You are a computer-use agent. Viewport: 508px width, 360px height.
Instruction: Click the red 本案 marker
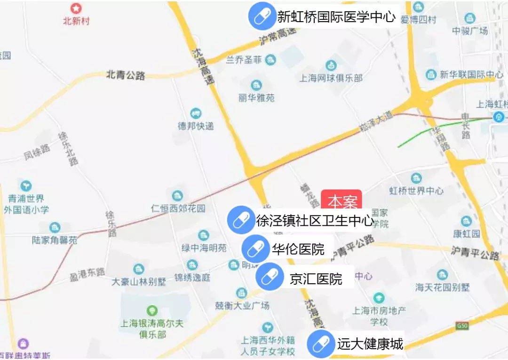coord(341,200)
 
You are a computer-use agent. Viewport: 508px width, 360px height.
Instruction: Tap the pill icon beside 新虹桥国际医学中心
coord(262,17)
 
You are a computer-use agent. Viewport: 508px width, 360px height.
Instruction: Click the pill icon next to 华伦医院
coord(255,249)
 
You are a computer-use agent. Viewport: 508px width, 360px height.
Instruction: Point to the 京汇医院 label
coord(316,279)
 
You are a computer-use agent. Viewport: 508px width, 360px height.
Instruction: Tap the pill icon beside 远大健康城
coord(320,344)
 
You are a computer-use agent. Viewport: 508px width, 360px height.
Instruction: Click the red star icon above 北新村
coord(76,8)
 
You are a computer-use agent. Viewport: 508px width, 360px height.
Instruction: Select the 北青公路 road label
coord(126,75)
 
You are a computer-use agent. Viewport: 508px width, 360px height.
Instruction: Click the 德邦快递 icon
coord(196,113)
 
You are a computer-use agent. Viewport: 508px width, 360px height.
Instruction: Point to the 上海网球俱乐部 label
coord(331,78)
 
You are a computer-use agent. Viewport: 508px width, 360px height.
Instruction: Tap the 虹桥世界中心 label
coord(416,191)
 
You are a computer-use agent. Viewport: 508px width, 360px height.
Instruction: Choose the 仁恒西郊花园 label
coord(178,208)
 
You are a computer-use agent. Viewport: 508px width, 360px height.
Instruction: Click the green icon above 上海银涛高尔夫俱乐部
coord(151,310)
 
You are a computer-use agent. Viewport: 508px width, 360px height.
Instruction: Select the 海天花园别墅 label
coord(442,287)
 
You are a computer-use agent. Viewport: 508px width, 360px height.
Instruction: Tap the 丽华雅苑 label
coord(256,98)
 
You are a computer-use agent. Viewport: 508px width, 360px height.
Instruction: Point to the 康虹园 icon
coord(466,221)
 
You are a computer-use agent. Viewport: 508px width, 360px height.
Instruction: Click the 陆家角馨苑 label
coord(55,240)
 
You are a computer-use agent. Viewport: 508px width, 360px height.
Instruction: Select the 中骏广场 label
coord(470,31)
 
